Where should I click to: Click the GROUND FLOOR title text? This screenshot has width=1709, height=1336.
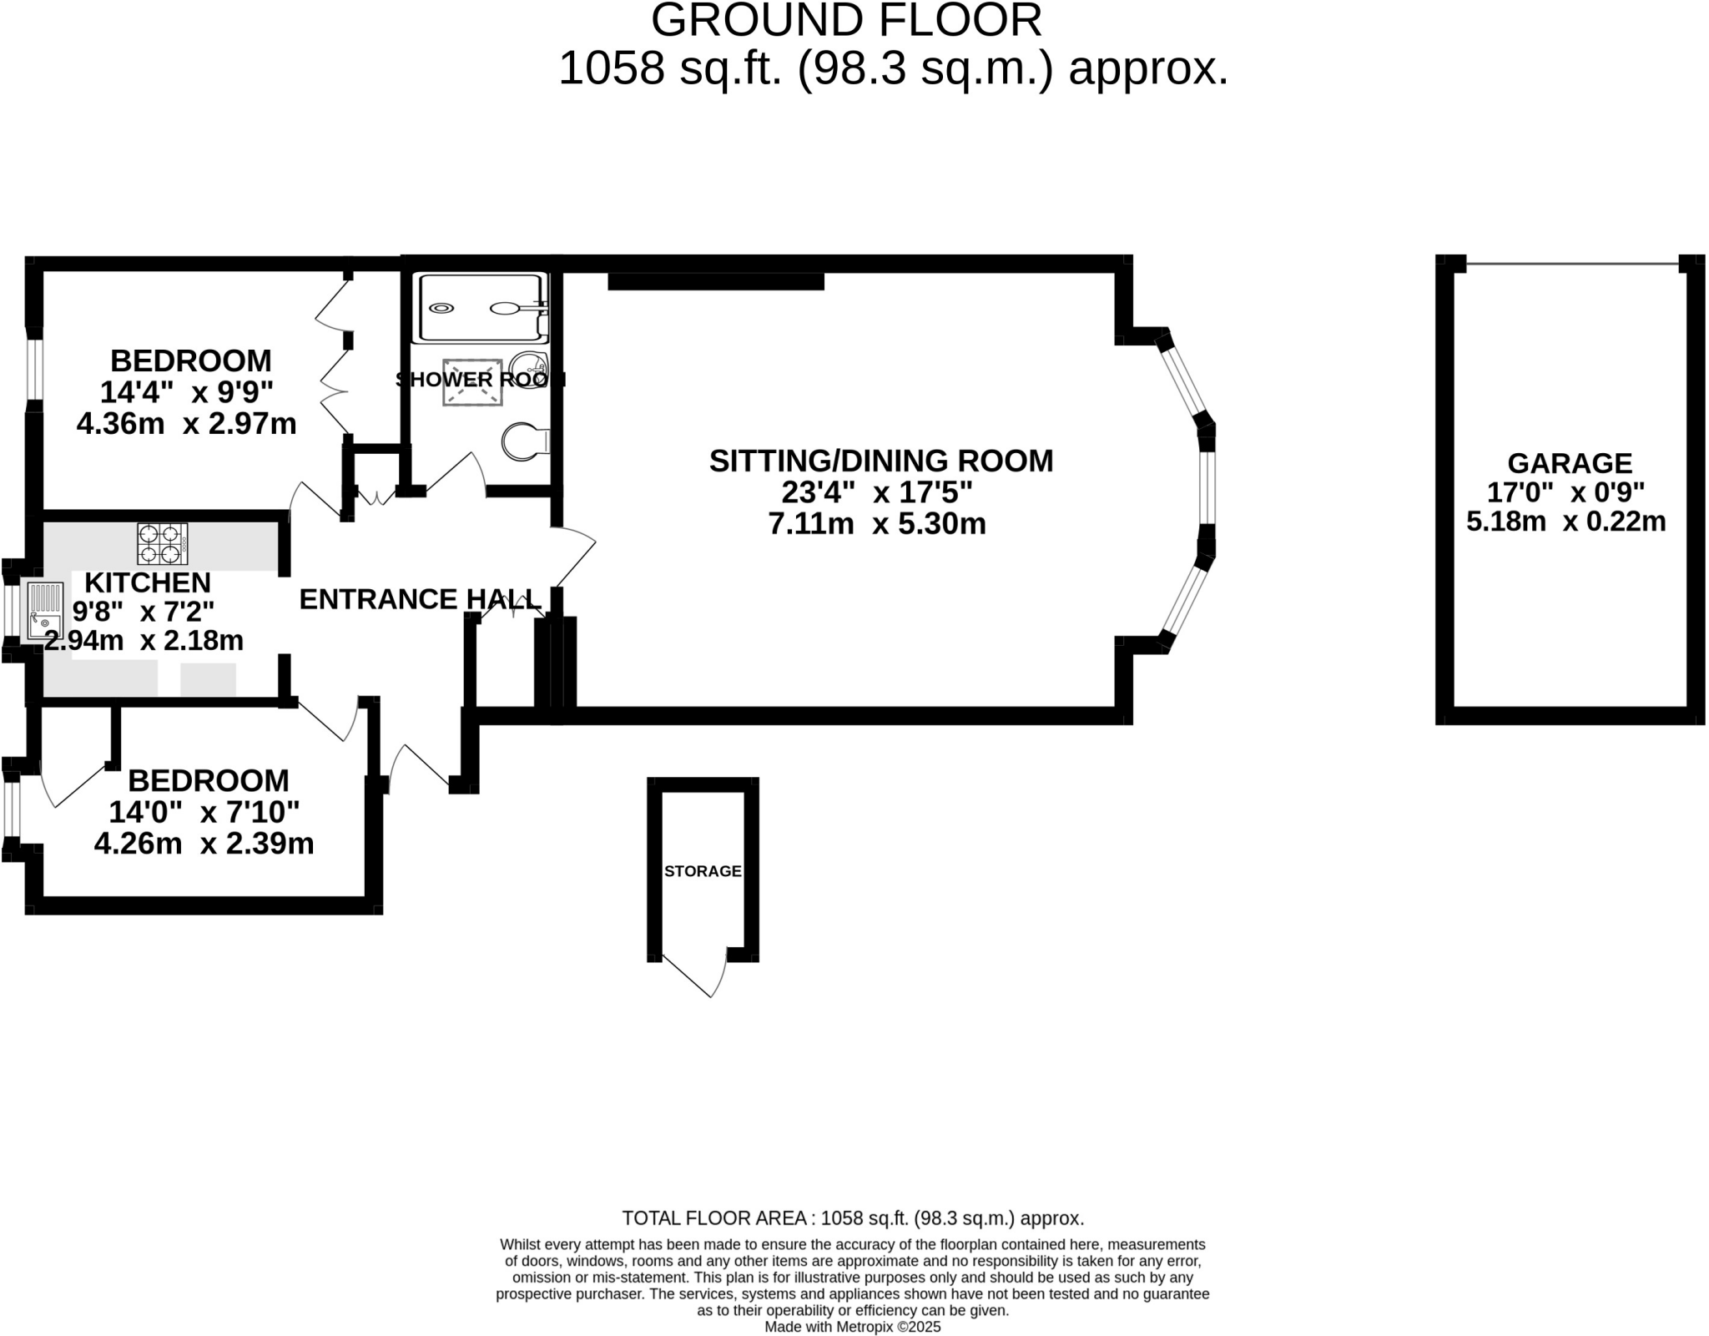(x=846, y=20)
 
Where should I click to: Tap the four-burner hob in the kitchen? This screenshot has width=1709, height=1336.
(x=162, y=543)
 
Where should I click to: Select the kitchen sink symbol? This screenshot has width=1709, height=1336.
(x=44, y=611)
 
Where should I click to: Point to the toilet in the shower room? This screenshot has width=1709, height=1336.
(x=524, y=441)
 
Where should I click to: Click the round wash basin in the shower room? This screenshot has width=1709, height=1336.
(x=527, y=367)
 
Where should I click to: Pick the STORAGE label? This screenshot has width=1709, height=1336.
(x=703, y=871)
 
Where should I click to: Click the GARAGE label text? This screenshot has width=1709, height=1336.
(x=1569, y=463)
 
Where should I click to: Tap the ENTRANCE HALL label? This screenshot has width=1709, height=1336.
(x=420, y=599)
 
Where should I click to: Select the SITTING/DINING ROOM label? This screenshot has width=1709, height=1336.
(x=880, y=461)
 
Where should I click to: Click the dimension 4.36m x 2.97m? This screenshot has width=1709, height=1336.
(x=186, y=424)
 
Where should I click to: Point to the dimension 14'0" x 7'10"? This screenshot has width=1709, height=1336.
(x=204, y=812)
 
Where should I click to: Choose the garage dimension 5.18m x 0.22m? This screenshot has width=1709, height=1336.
(x=1565, y=522)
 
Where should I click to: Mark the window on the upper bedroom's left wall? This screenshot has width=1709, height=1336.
(x=33, y=369)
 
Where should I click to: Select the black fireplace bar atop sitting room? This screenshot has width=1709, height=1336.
(x=715, y=281)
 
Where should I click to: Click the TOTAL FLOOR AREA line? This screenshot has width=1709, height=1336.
(x=853, y=1218)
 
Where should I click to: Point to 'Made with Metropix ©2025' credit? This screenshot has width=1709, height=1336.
(x=852, y=1327)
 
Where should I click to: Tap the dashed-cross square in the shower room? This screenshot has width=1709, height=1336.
(x=472, y=382)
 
